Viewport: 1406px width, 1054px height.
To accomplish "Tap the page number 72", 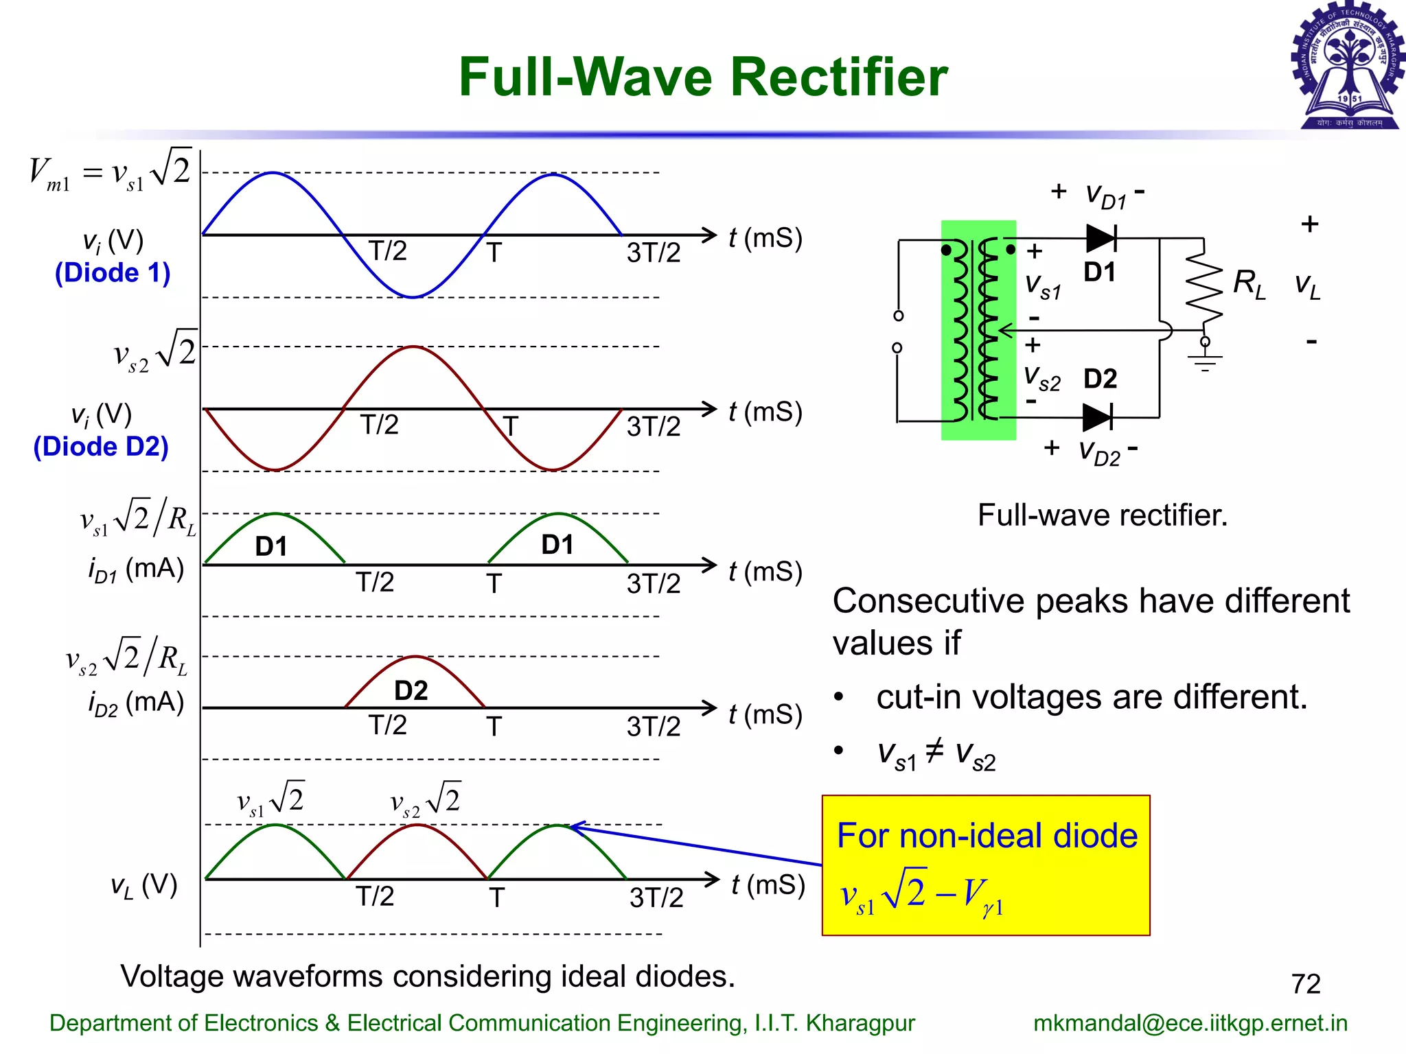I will click(x=1306, y=984).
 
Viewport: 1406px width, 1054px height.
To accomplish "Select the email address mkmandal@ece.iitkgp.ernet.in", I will click(x=1190, y=1023).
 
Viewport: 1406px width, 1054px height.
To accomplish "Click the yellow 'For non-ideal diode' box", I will click(x=986, y=865).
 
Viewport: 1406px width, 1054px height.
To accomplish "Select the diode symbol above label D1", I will click(x=1101, y=239).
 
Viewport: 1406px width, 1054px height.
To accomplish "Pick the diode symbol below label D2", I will click(x=1097, y=417).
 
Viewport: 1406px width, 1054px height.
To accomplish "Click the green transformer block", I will click(x=978, y=329).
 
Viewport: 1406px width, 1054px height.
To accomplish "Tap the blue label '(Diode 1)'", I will click(x=113, y=273).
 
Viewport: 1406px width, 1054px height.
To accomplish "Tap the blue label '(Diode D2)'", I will click(x=101, y=447).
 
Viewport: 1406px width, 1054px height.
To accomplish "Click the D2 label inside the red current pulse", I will click(x=411, y=690).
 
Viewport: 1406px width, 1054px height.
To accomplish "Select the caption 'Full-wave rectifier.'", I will click(x=1103, y=515).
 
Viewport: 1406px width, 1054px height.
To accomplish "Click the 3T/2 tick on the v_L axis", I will click(x=656, y=898).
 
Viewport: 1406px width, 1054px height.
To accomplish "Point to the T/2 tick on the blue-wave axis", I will click(x=387, y=251).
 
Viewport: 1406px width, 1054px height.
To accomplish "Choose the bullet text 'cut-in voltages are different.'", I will click(x=1092, y=697).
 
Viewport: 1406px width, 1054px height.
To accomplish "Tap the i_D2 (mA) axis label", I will click(x=136, y=703).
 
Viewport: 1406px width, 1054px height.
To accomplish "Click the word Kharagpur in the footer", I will click(x=860, y=1023).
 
